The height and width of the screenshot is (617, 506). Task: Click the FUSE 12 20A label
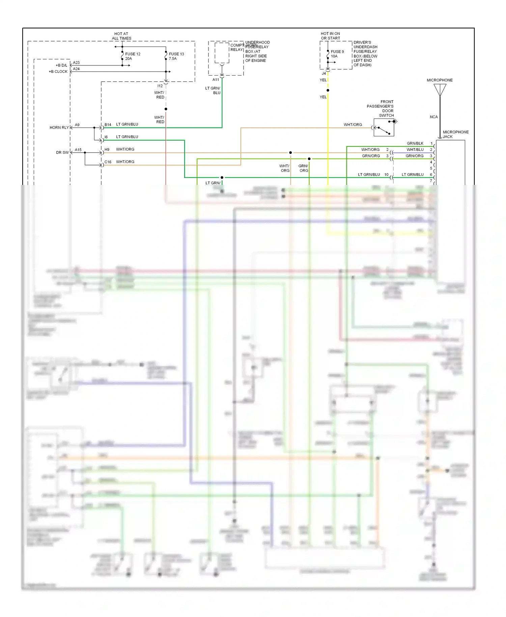point(132,56)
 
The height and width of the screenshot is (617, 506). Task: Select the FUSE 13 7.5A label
point(176,56)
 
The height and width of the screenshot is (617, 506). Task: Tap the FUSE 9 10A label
point(337,54)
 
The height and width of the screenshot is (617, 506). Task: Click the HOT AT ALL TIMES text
point(121,36)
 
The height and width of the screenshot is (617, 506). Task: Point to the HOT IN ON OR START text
point(330,36)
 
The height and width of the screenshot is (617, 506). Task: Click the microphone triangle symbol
point(440,89)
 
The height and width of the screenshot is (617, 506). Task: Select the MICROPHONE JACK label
point(455,134)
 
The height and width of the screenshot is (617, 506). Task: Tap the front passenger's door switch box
point(384,128)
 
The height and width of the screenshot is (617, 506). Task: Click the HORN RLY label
point(59,128)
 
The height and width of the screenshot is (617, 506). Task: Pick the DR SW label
point(62,153)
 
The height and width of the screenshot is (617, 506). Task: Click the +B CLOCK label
point(58,72)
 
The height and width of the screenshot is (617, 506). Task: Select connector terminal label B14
point(108,125)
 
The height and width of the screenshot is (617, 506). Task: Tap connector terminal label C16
point(108,162)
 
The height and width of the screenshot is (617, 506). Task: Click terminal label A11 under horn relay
point(216,80)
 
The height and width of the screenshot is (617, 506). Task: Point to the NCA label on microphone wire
point(433,117)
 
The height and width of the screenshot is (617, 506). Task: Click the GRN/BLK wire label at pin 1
point(415,143)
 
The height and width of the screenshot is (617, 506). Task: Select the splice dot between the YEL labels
point(328,90)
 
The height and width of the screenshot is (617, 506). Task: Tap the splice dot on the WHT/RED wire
point(166,109)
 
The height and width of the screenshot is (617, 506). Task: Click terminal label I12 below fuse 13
point(160,86)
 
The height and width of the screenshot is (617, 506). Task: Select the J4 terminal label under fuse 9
point(324,73)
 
